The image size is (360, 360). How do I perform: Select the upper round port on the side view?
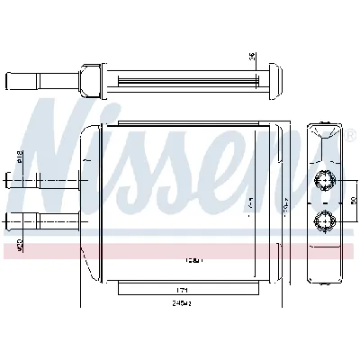321,183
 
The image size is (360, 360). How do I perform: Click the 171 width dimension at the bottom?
182,291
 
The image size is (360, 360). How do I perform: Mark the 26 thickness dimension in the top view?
254,56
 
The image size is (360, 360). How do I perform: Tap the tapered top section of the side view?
321,135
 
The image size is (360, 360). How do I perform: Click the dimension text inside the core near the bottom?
193,261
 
